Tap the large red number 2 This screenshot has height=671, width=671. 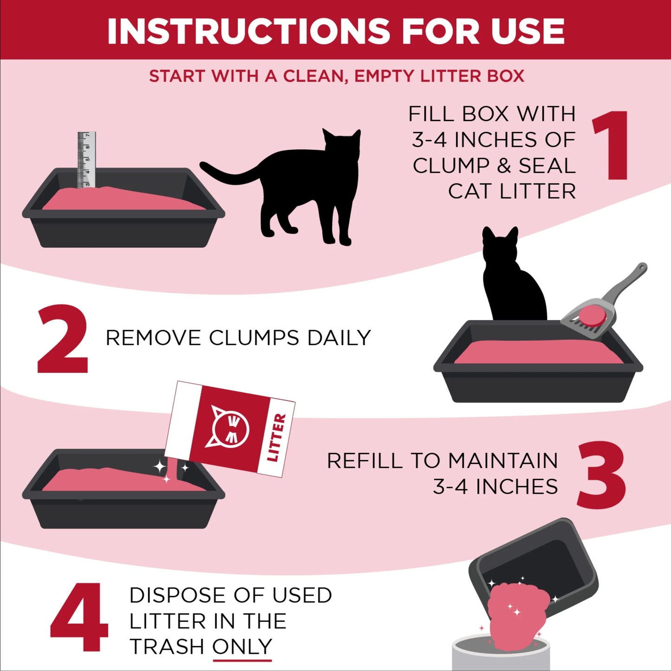[63, 339]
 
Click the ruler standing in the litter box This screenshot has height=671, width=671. [86, 160]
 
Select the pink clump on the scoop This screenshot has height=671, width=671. [592, 315]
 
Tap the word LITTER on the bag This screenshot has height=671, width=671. [277, 437]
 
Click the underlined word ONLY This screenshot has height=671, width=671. [242, 646]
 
